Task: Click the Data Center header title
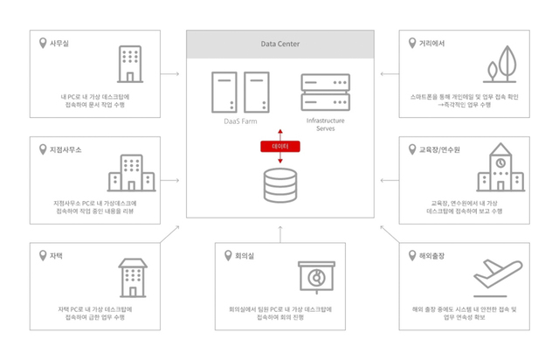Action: tap(279, 43)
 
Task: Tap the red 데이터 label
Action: tap(279, 145)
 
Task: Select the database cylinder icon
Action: tap(279, 184)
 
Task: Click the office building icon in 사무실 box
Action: tap(129, 64)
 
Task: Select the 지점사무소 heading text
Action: tap(66, 149)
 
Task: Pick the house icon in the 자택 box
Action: tap(131, 278)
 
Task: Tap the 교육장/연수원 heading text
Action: tap(443, 149)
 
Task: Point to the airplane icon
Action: tap(501, 275)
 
